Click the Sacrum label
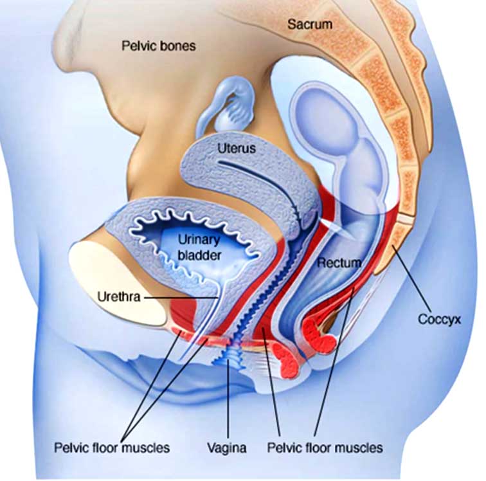click(310, 24)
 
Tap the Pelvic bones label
click(159, 46)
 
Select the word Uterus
click(237, 149)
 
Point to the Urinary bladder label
click(200, 248)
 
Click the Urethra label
click(119, 297)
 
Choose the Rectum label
click(339, 263)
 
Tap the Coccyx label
click(440, 319)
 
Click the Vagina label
click(227, 448)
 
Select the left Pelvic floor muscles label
click(112, 448)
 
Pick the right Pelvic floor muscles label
click(325, 448)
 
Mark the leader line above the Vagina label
click(228, 399)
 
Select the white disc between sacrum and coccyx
click(405, 219)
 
